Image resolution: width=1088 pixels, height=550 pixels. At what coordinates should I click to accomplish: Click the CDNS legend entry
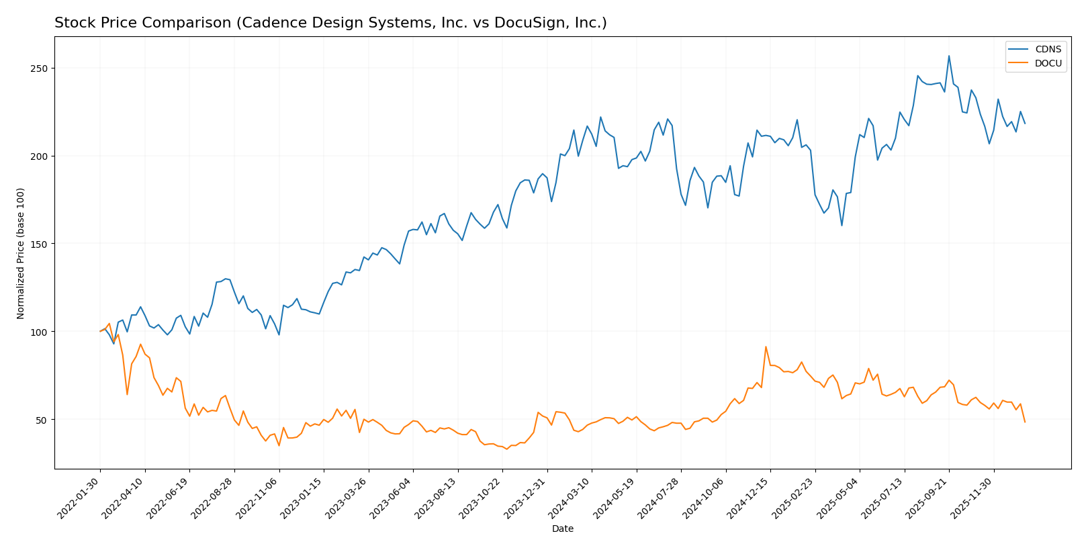click(x=1048, y=49)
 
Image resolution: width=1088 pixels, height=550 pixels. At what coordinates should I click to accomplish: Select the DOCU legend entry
click(x=1048, y=64)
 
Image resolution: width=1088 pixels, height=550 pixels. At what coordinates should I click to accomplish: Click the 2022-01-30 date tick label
click(x=79, y=498)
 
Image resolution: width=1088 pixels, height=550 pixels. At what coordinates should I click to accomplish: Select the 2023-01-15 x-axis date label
click(x=303, y=498)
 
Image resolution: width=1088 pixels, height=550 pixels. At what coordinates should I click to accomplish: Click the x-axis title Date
click(x=563, y=529)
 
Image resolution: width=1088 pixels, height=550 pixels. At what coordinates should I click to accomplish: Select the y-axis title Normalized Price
click(x=21, y=253)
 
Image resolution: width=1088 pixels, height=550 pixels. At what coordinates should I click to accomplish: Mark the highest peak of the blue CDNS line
click(x=949, y=56)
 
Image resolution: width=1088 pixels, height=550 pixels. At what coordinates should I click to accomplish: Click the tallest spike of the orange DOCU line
click(x=766, y=347)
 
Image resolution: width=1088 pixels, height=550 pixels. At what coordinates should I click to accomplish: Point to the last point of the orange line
click(x=1025, y=422)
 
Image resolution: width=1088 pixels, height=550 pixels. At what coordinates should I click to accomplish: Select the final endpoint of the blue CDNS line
click(x=1025, y=124)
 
